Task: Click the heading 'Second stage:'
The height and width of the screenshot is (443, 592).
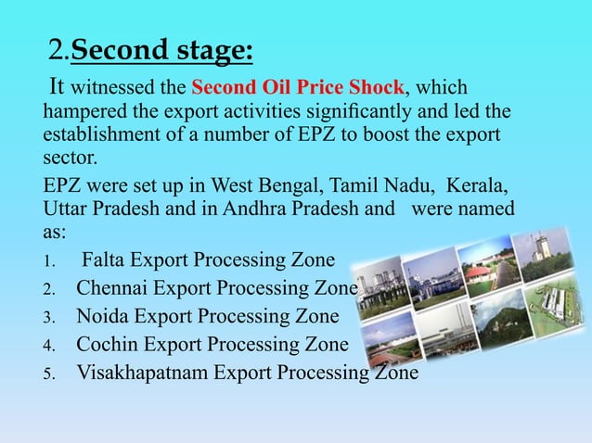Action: click(x=161, y=48)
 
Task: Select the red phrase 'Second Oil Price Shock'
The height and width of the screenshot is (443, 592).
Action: click(x=298, y=89)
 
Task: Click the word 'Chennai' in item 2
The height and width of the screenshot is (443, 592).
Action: click(x=114, y=288)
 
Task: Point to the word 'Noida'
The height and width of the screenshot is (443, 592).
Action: click(x=104, y=317)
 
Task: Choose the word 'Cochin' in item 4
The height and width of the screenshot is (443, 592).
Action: click(x=109, y=345)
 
